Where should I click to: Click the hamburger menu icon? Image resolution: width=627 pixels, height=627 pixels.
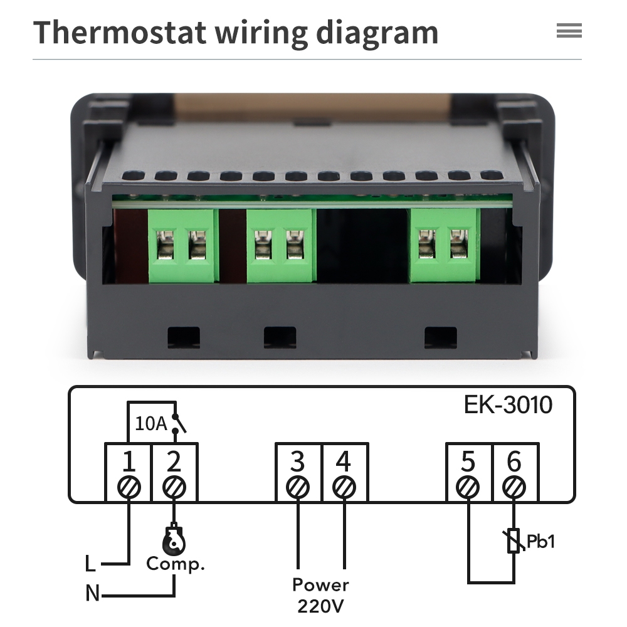click(569, 31)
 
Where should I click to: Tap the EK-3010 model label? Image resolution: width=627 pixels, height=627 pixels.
click(508, 404)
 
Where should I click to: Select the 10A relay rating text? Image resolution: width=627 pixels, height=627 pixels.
click(150, 423)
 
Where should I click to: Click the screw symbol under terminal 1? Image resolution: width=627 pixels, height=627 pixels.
click(129, 487)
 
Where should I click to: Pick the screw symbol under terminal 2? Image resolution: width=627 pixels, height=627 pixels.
click(174, 487)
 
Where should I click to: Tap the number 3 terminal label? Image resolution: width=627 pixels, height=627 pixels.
click(297, 461)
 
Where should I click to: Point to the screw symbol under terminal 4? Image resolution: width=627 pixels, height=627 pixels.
click(344, 487)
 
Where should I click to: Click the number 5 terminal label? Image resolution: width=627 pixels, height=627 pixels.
click(468, 461)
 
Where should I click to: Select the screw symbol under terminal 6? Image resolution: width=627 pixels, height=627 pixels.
click(514, 487)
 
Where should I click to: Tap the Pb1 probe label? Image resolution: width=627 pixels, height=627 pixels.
click(540, 542)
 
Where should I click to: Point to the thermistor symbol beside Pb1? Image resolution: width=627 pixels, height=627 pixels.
click(514, 540)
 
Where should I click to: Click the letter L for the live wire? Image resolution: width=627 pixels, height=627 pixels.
click(90, 564)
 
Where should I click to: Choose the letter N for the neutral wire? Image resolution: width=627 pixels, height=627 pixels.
click(92, 593)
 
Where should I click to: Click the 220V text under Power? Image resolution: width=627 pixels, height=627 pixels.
click(320, 606)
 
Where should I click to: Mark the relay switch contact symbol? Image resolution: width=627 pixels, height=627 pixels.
click(178, 424)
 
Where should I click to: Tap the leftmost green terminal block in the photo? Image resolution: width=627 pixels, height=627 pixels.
click(183, 246)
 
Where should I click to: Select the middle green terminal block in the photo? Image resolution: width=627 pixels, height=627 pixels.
click(282, 246)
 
